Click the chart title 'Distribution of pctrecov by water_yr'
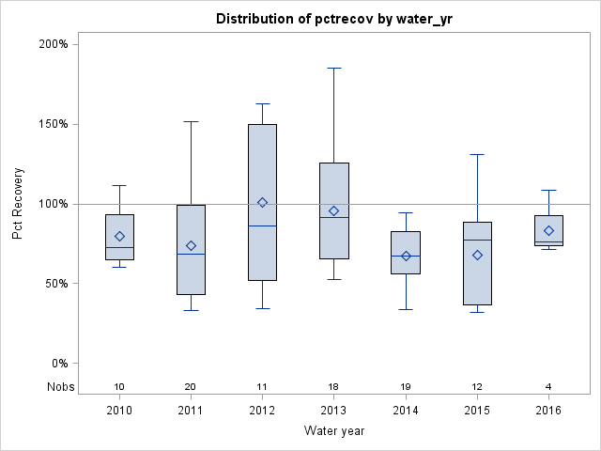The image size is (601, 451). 333,19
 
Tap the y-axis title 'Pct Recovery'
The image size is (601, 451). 18,204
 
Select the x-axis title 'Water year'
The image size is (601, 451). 333,430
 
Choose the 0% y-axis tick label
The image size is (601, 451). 57,364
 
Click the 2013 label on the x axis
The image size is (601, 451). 333,411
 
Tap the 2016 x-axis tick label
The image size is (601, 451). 548,411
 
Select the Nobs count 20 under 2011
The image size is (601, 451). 191,386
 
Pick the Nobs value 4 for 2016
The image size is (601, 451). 548,386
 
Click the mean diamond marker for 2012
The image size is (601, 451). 262,202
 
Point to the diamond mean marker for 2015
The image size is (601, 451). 477,255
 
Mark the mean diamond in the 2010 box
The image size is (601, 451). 119,236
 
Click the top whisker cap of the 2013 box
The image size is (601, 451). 333,68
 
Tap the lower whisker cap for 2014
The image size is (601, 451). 406,309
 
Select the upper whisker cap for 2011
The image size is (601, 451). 191,121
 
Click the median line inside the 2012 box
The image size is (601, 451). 262,225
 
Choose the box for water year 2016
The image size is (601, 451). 548,230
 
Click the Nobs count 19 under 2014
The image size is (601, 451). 406,386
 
